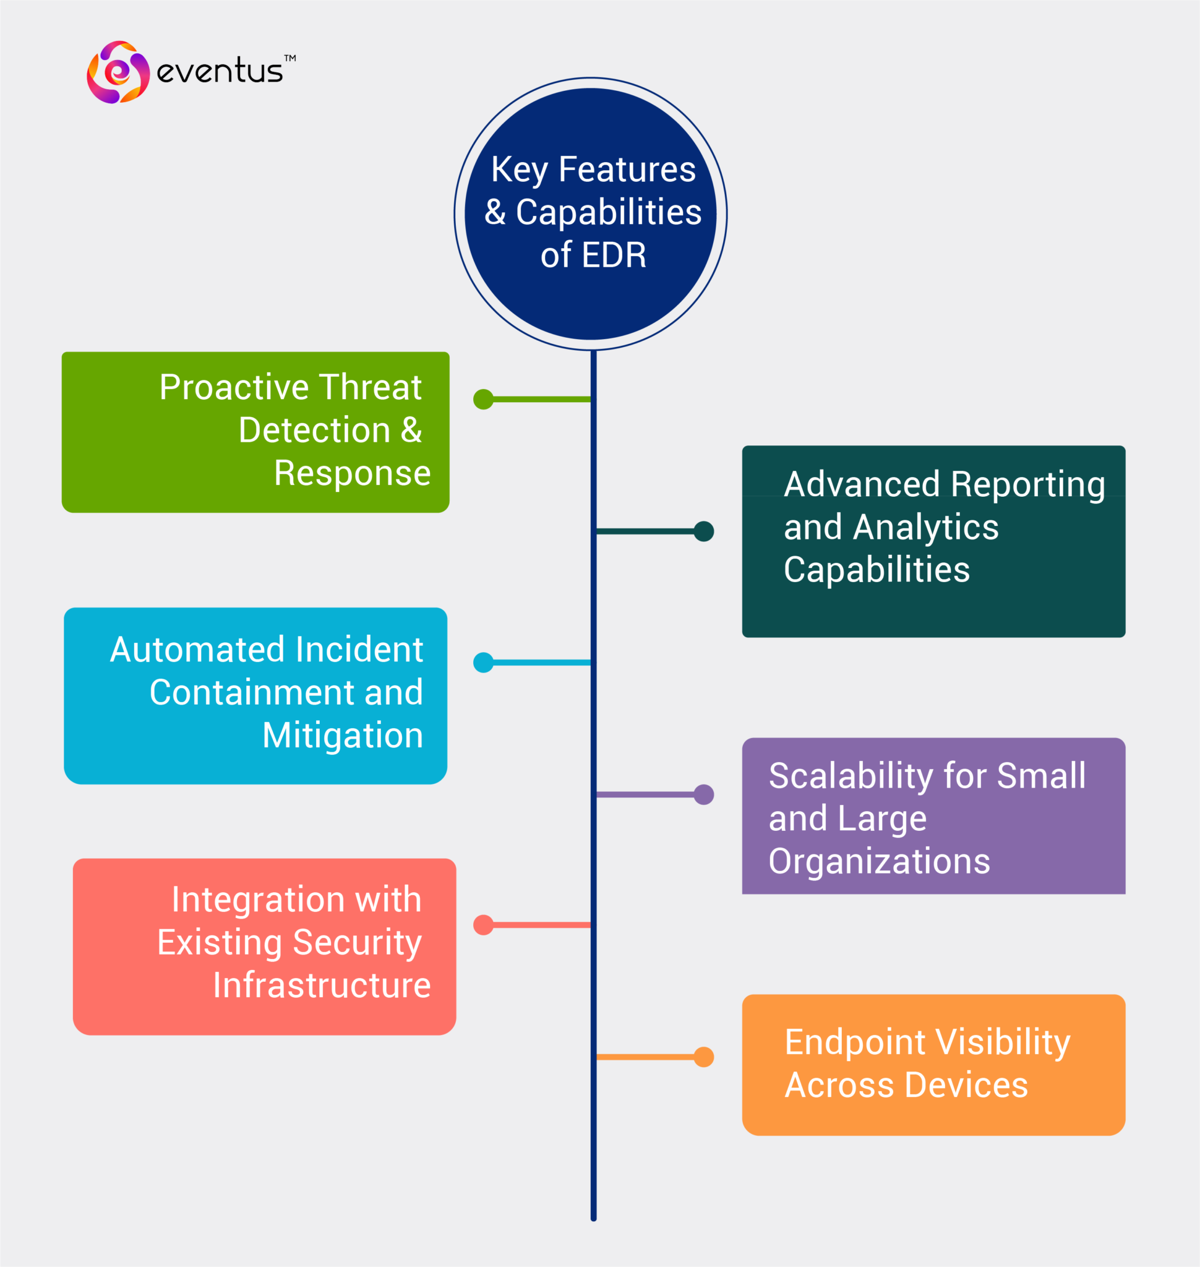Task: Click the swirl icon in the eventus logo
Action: pos(118,72)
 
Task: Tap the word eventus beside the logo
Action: pos(220,71)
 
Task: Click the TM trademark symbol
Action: pos(289,58)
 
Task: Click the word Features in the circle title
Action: pos(627,170)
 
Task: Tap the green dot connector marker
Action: pos(484,399)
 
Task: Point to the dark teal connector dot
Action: pos(704,531)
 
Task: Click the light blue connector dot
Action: pos(484,663)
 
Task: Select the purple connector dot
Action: pos(704,795)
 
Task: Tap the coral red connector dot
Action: pos(484,925)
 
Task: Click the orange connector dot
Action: pos(704,1057)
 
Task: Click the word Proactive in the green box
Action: pos(234,388)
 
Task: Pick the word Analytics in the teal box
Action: pos(925,528)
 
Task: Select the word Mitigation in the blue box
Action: pos(343,736)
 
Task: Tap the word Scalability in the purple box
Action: pos(851,777)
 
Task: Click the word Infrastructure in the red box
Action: pos(322,986)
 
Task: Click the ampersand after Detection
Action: pos(411,430)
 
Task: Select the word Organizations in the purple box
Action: pos(879,862)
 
